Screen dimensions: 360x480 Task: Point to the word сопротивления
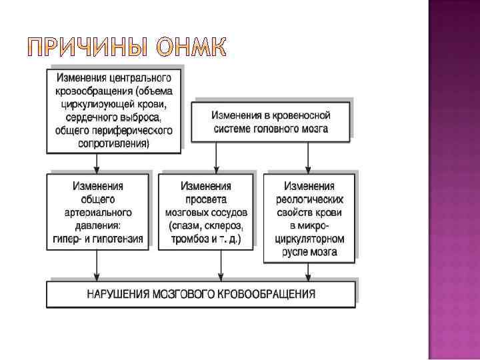tap(113, 143)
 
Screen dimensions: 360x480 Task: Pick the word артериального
tap(99, 212)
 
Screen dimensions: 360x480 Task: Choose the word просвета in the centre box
tap(206, 199)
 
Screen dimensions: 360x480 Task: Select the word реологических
tap(309, 199)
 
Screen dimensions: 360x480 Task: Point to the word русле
tap(295, 252)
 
